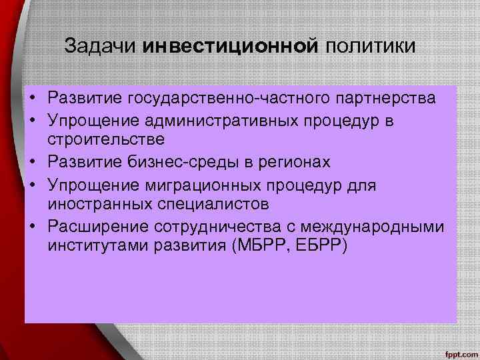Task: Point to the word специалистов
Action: pyautogui.click(x=212, y=203)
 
